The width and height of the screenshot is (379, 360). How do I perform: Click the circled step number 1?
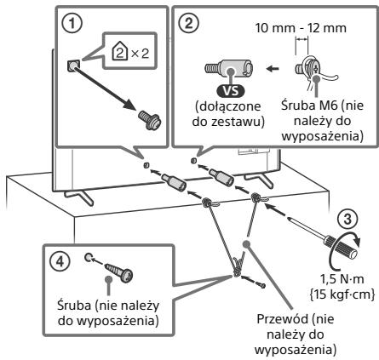tap(72, 23)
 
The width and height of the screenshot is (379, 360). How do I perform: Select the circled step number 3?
tap(347, 220)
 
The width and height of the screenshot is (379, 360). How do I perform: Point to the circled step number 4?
tap(60, 261)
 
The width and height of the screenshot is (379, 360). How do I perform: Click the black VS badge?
tap(231, 91)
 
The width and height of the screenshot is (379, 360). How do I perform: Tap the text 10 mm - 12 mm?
tap(301, 28)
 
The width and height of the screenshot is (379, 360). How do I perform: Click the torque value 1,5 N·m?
tap(342, 279)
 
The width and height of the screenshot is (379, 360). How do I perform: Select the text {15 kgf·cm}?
tap(342, 294)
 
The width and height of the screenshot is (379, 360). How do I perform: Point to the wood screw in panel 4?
tap(118, 271)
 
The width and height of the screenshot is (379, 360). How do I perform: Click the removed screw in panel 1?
tap(150, 120)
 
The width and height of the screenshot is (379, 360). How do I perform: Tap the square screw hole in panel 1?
tap(73, 66)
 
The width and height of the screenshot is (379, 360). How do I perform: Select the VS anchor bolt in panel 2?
tap(229, 68)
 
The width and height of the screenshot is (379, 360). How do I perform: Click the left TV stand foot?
tap(78, 197)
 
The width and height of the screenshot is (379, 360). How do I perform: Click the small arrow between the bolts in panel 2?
tap(273, 68)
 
